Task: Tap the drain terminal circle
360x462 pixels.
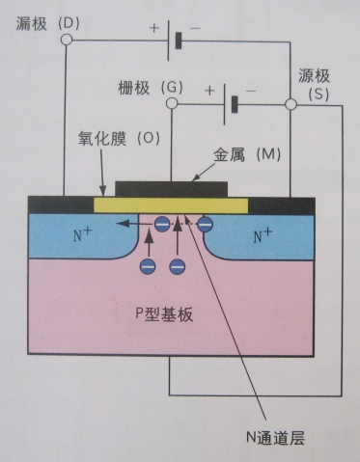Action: [66, 41]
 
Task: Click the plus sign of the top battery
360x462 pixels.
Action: [153, 28]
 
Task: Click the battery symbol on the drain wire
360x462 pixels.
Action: [174, 41]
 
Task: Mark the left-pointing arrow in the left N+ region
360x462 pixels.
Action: [126, 225]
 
